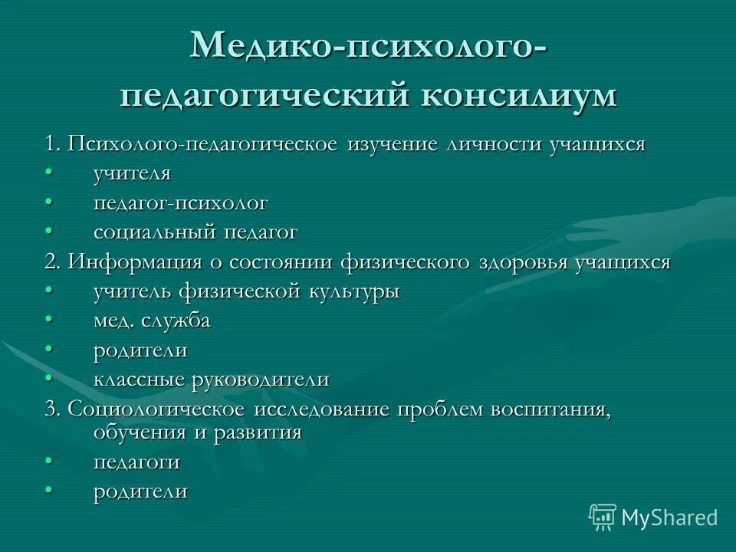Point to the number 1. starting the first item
click(52, 144)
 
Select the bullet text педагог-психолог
click(180, 203)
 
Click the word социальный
click(155, 232)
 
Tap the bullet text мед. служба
click(152, 320)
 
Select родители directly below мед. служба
click(140, 350)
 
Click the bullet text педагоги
click(137, 462)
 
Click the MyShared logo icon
click(603, 517)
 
